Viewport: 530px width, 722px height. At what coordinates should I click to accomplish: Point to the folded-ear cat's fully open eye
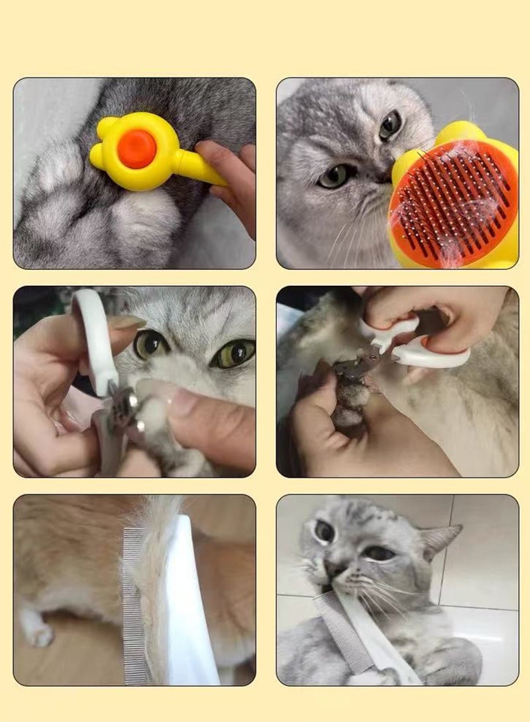(x=390, y=124)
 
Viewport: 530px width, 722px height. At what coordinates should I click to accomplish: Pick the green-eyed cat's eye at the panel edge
(x=233, y=353)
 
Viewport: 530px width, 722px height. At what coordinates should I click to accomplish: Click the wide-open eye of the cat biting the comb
(x=324, y=531)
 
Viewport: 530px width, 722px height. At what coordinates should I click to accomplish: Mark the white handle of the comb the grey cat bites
(x=384, y=645)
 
